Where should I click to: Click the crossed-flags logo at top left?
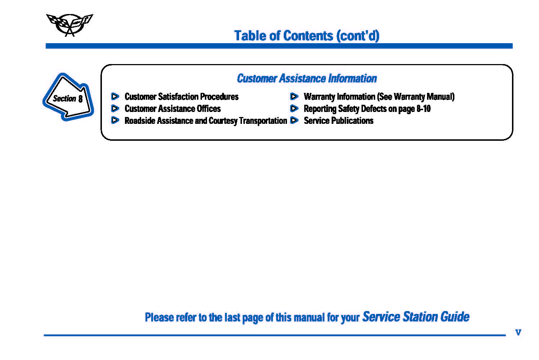tap(69, 25)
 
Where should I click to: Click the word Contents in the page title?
tap(308, 36)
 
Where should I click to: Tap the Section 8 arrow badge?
tap(68, 97)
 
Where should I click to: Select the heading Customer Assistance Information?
tap(307, 78)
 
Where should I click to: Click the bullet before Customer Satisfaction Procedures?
tap(115, 96)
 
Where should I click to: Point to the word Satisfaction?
tap(178, 96)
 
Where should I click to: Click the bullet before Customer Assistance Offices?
tap(115, 108)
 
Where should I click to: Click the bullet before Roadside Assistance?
tap(115, 120)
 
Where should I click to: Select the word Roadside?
tap(140, 121)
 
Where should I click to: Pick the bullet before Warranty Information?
tap(294, 96)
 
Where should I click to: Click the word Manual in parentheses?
tap(439, 96)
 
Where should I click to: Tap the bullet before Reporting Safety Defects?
tap(294, 108)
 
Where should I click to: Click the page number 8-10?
tap(423, 109)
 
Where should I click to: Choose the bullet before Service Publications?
tap(294, 120)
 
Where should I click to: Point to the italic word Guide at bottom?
tap(455, 317)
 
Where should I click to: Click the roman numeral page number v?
tap(518, 332)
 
